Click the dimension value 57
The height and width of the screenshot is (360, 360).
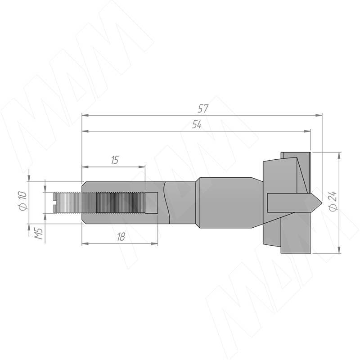[203, 108]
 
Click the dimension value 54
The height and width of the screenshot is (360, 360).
[197, 125]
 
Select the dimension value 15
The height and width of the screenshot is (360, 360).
[115, 160]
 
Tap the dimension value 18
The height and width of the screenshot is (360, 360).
[121, 237]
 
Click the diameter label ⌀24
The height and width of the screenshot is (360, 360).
[333, 200]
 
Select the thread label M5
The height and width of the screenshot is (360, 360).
[39, 234]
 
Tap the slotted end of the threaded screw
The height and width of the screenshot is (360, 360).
[54, 203]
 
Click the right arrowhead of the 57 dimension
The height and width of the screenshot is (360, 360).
[319, 115]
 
